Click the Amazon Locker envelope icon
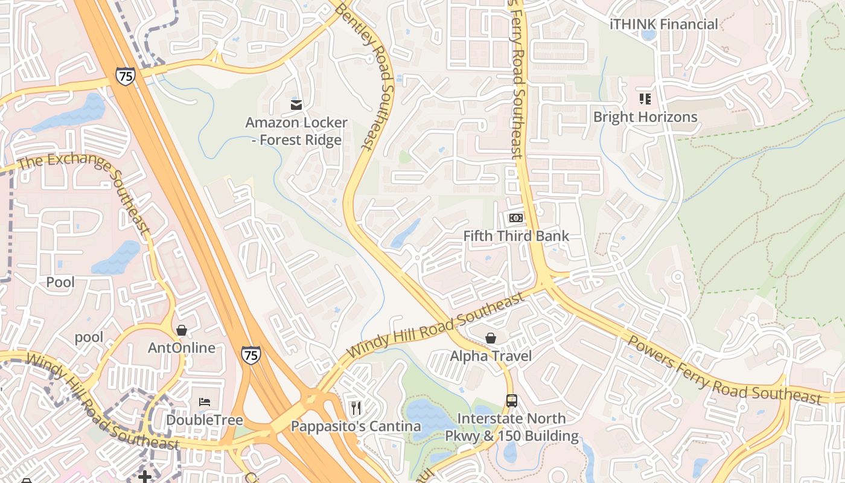click(296, 105)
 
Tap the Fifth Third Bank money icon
click(515, 218)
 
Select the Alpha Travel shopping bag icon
click(491, 338)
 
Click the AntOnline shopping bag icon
click(181, 330)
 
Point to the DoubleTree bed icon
click(205, 402)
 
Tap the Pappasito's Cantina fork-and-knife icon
click(356, 408)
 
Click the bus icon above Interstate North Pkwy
click(511, 400)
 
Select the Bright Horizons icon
click(645, 98)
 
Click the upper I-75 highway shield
click(125, 75)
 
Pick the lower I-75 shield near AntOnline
click(250, 354)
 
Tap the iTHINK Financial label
click(664, 24)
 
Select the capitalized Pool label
click(60, 282)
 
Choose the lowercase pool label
click(89, 337)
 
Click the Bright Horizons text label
click(645, 117)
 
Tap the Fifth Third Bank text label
click(516, 235)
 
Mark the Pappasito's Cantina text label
click(356, 426)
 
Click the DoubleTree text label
click(205, 420)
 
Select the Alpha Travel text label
click(491, 356)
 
